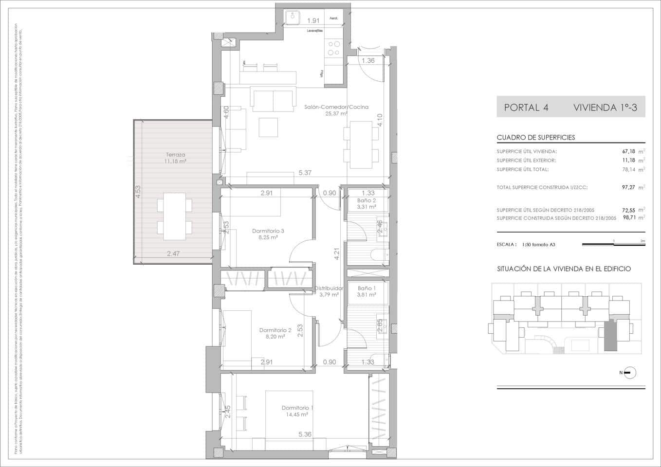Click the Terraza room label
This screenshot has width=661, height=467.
(x=175, y=155)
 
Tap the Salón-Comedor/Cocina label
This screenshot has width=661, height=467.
(x=336, y=107)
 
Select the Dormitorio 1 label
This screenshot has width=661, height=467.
(x=297, y=408)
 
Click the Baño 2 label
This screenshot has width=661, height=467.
(x=366, y=200)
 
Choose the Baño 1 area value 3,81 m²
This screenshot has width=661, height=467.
(x=366, y=294)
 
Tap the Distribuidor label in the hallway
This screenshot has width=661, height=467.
(x=329, y=288)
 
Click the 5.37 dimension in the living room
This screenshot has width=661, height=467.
(x=305, y=173)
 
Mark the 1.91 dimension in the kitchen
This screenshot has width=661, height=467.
(x=313, y=20)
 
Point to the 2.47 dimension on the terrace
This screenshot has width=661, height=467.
(x=173, y=253)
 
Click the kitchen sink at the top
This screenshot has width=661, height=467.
(x=294, y=17)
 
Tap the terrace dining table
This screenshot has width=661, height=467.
(x=174, y=216)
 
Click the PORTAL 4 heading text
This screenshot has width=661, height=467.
(x=526, y=108)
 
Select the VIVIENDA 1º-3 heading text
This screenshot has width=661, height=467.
(x=605, y=108)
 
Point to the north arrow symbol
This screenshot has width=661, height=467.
(x=629, y=373)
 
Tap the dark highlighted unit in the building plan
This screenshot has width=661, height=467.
(x=610, y=336)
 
